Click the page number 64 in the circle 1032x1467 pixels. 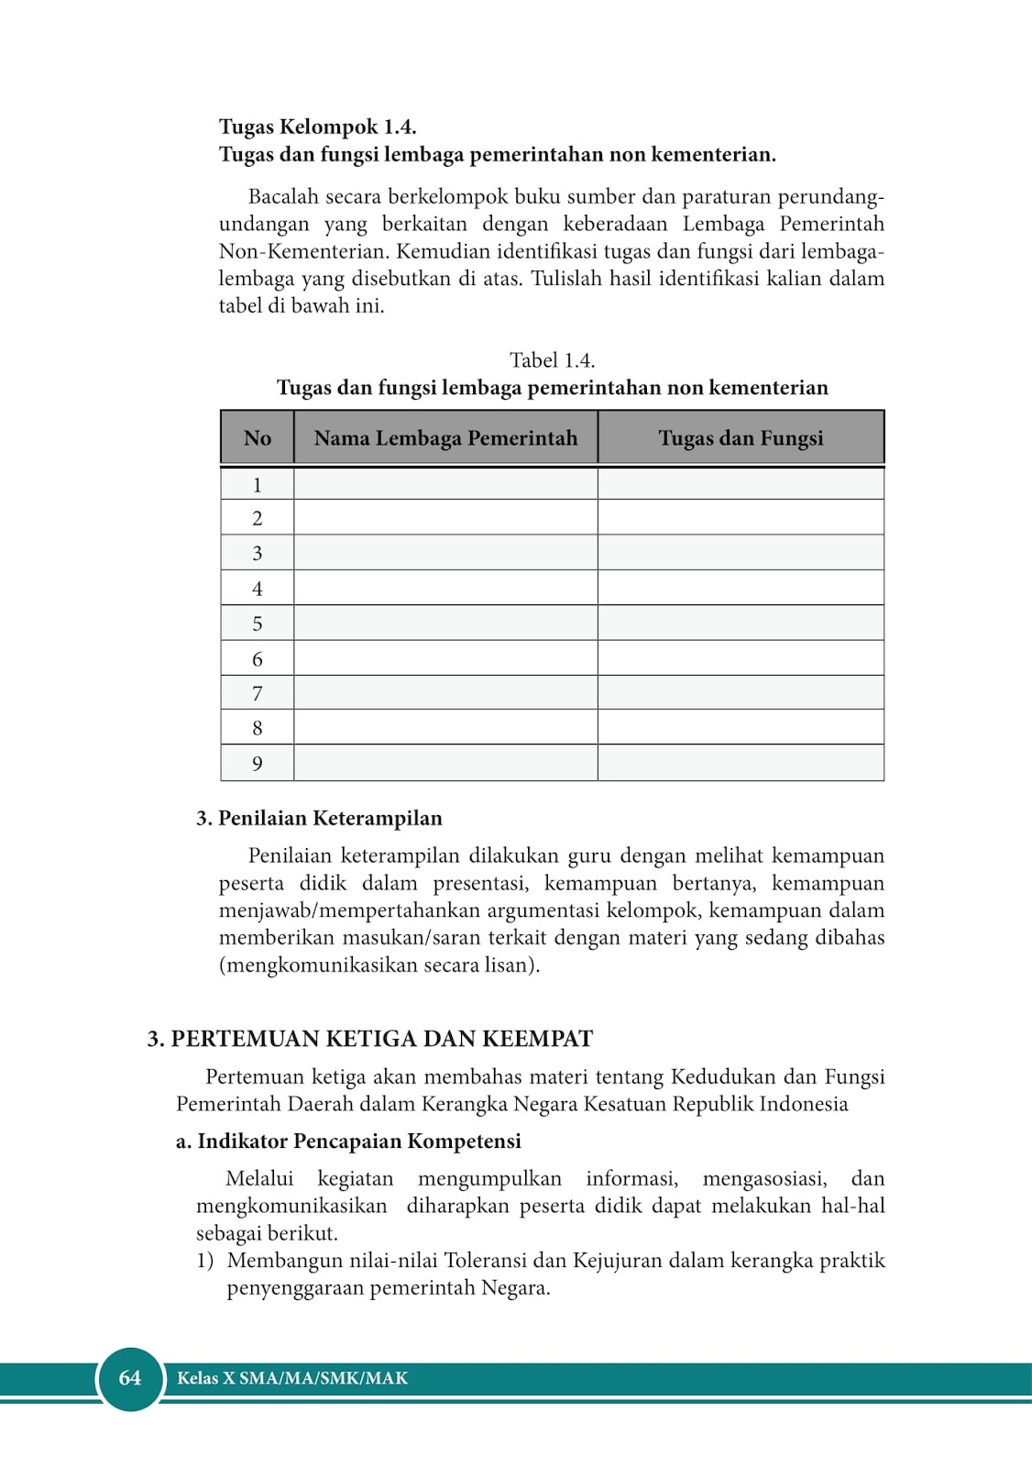[130, 1377]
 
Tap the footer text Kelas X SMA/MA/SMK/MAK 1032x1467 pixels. [292, 1378]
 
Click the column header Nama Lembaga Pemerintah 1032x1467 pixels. [445, 438]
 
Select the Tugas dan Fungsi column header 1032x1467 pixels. [741, 438]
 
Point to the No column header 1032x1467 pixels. [258, 438]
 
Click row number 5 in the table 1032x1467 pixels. [258, 623]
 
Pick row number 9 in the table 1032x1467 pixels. [258, 763]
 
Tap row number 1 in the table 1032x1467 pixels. [258, 485]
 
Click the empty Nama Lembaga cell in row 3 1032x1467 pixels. [445, 553]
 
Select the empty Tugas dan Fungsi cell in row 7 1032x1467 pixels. [741, 693]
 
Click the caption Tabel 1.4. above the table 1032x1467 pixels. [552, 360]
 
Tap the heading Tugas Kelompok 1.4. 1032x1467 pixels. [317, 127]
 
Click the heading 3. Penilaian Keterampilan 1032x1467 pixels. [319, 818]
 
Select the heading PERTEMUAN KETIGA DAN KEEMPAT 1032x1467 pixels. [381, 1039]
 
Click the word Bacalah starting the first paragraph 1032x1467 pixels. [282, 197]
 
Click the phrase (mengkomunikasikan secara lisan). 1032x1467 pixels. [379, 965]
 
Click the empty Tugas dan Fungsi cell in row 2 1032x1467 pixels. [741, 518]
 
